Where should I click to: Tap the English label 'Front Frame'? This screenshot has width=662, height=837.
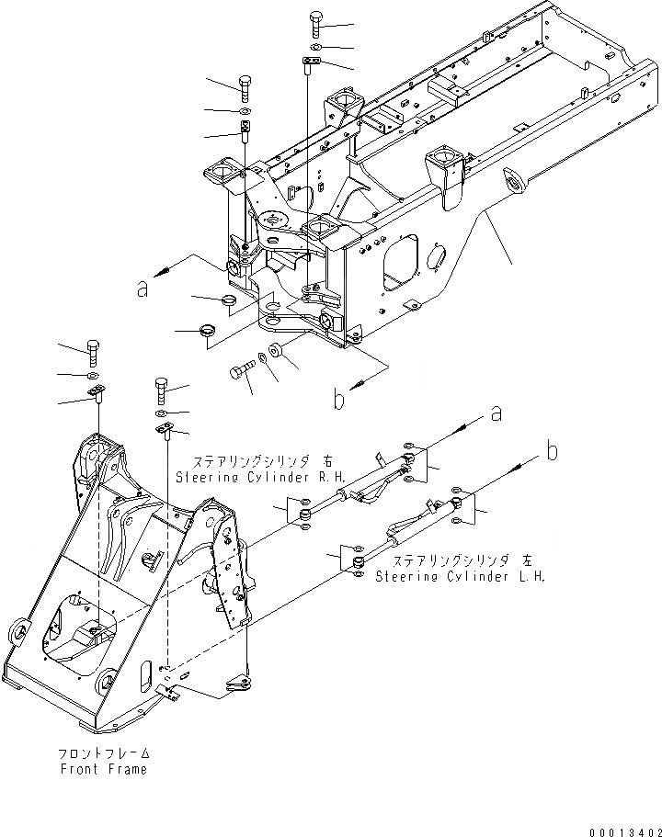(101, 769)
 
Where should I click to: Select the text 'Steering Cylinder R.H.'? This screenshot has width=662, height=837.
(243, 478)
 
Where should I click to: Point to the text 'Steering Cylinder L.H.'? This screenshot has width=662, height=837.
(460, 577)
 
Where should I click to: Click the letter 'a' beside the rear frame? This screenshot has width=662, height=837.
(143, 288)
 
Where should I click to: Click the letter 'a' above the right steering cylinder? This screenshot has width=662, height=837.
(496, 414)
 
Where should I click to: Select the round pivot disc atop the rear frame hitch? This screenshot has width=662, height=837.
(275, 221)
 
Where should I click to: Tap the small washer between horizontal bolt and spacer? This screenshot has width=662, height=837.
(264, 356)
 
